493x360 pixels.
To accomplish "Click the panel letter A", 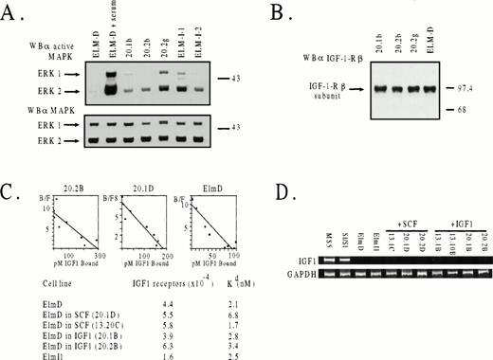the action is click(12, 10).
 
